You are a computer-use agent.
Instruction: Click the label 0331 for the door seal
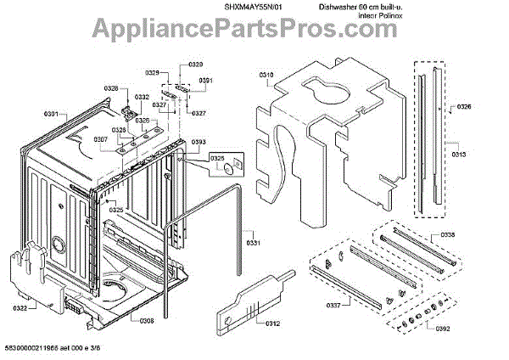(x=252, y=243)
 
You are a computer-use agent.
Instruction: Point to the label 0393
(x=199, y=142)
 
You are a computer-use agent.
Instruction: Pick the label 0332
(x=143, y=97)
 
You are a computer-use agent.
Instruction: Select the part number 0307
(x=101, y=139)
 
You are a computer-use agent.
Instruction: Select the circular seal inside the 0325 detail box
(x=230, y=171)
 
